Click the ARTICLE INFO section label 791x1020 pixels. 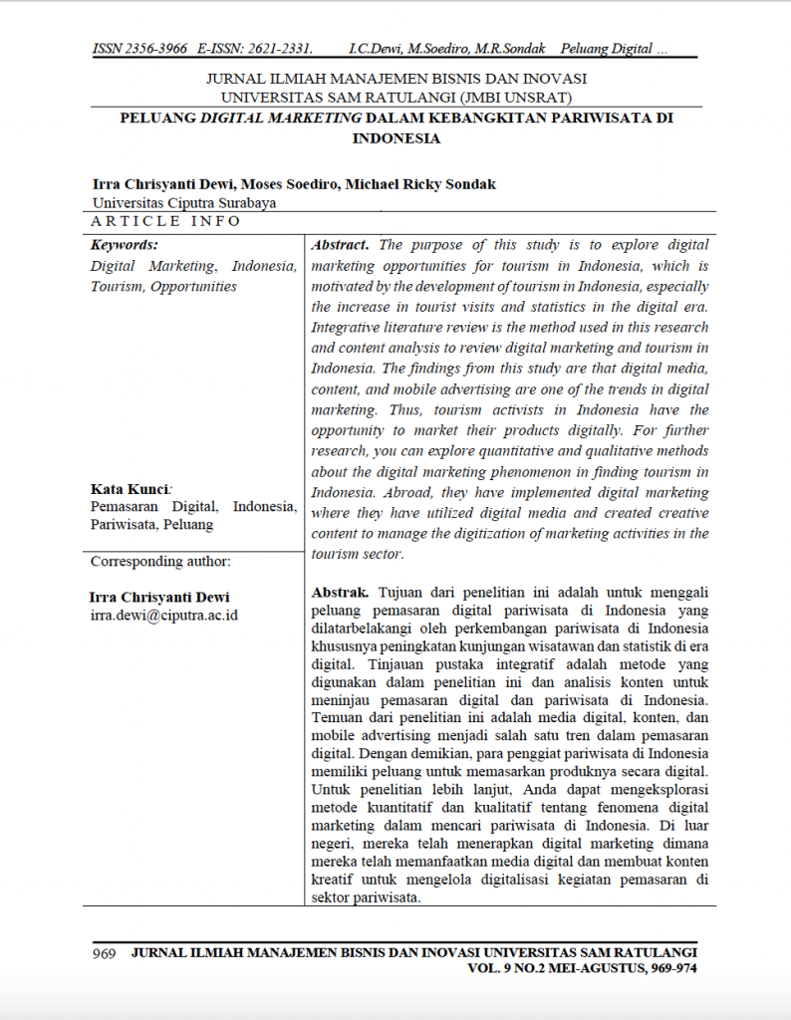tap(166, 221)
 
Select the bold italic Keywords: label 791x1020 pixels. tap(125, 244)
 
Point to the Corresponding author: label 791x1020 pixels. tap(160, 561)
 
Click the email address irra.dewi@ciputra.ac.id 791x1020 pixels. tap(164, 615)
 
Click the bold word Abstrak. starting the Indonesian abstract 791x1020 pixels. tap(341, 592)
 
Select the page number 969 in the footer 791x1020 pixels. tap(105, 952)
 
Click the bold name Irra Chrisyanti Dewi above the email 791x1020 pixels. tap(159, 597)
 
